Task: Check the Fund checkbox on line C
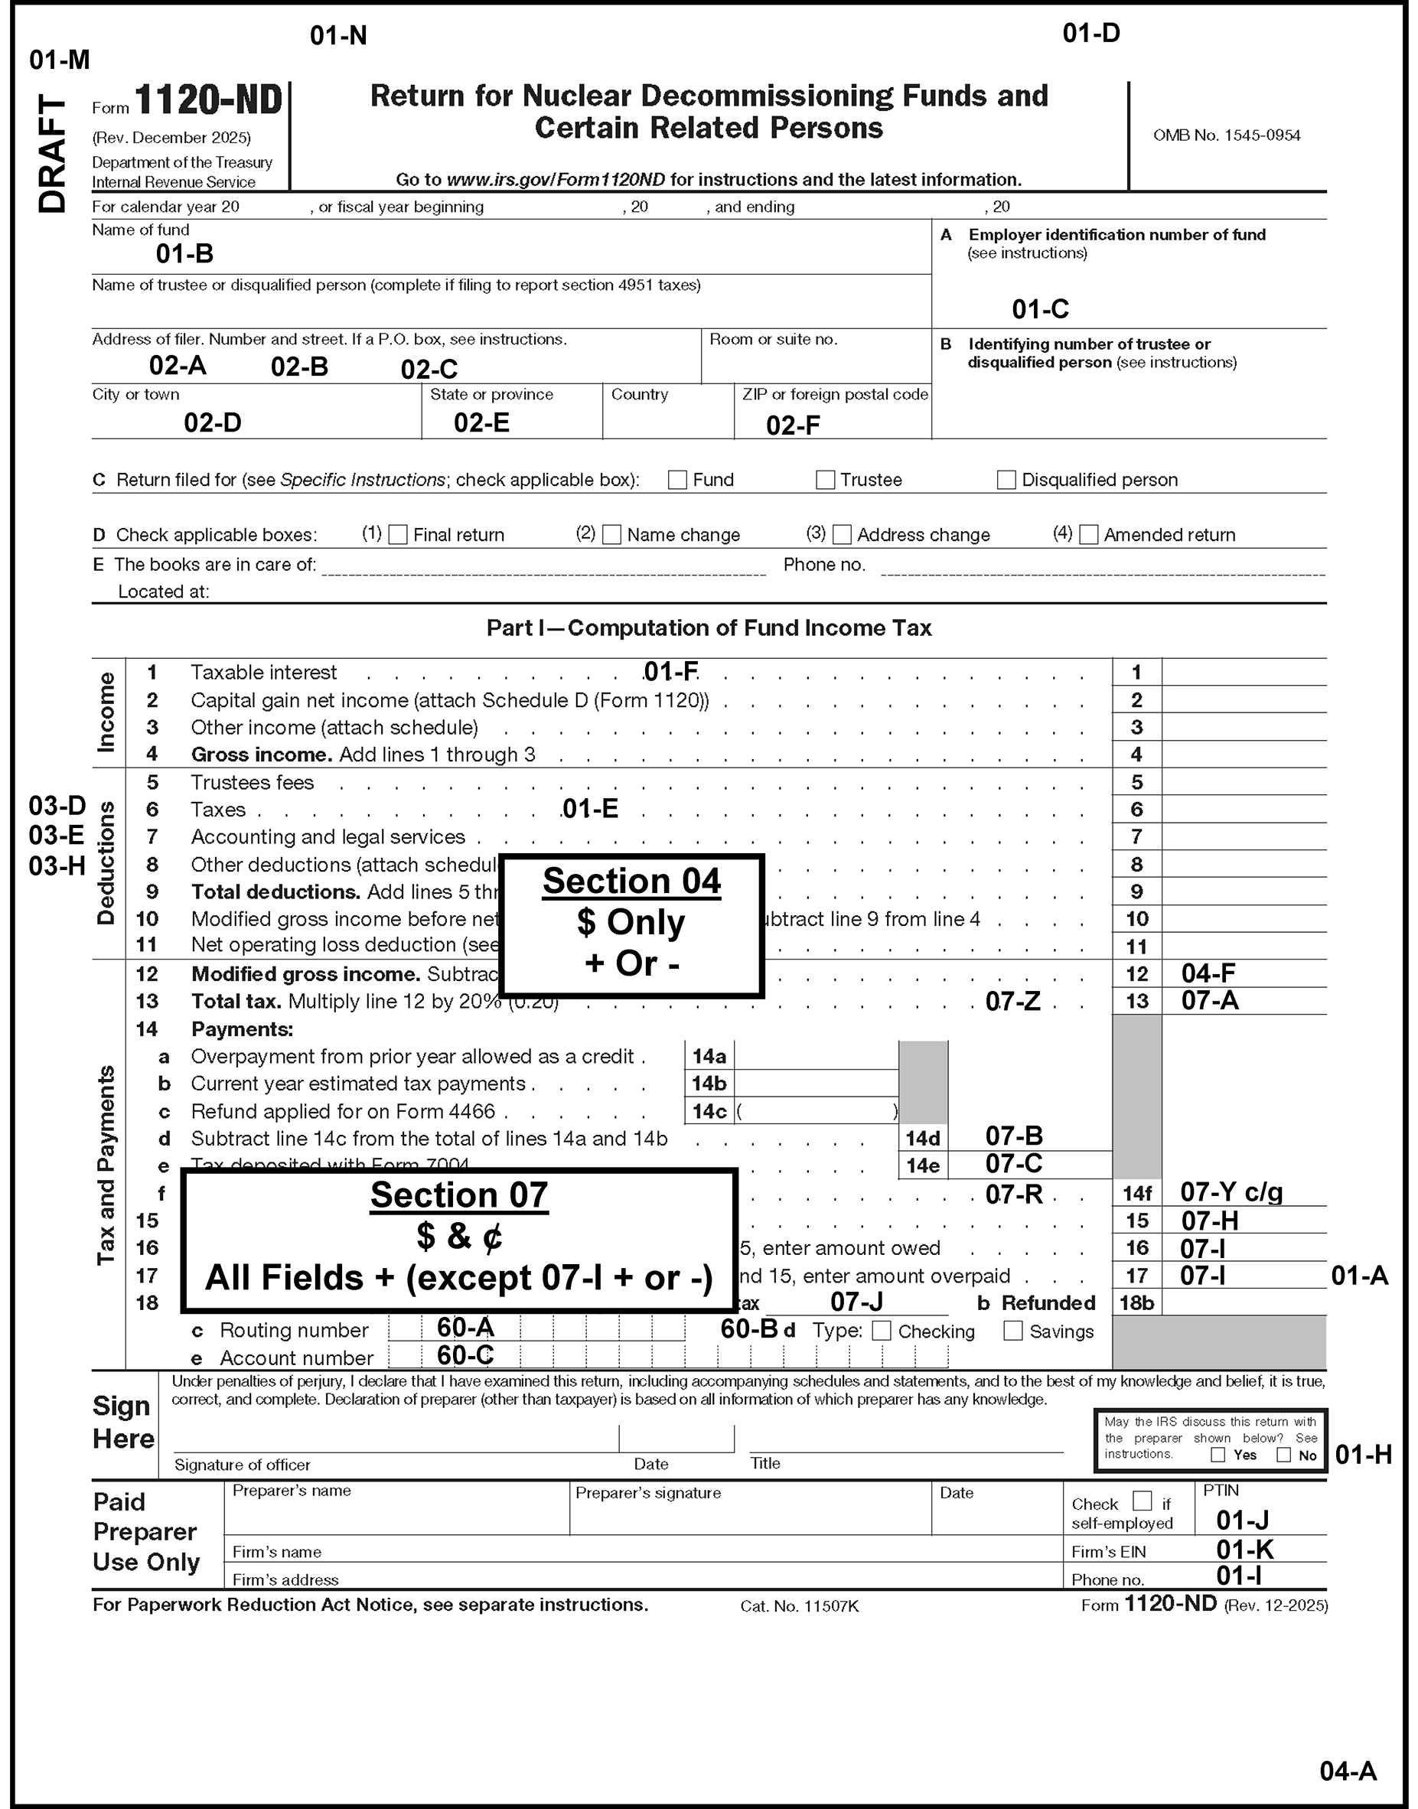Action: [x=677, y=480]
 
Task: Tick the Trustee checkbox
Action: [x=825, y=480]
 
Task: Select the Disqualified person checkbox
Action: [x=1006, y=480]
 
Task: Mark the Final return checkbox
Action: [x=399, y=535]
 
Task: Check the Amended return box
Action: [x=1089, y=535]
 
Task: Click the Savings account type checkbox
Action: [x=1013, y=1331]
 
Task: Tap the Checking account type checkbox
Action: [x=882, y=1331]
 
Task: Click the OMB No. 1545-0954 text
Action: [x=1226, y=135]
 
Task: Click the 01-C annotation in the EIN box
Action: [x=1040, y=310]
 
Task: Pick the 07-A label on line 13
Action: [x=1210, y=1001]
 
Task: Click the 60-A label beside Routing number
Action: [x=465, y=1328]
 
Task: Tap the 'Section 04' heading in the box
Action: [x=632, y=882]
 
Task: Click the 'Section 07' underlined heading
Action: [x=459, y=1195]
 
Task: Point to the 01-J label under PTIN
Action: [x=1242, y=1520]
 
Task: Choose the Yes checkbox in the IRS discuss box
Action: [x=1218, y=1455]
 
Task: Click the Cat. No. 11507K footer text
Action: [x=800, y=1606]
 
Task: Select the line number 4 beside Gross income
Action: [x=152, y=755]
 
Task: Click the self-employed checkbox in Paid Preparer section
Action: [x=1143, y=1501]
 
